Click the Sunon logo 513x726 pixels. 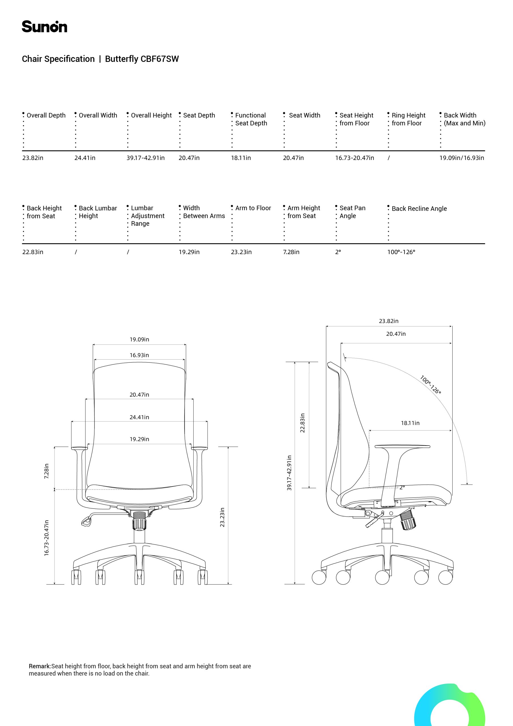point(44,27)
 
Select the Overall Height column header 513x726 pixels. point(151,115)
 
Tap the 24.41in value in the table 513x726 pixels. point(85,158)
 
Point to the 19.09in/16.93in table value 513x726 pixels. point(461,158)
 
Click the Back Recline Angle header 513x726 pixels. point(419,209)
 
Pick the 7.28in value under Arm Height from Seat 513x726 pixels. point(291,252)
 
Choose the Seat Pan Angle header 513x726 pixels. point(352,212)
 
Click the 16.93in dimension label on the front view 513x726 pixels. point(139,355)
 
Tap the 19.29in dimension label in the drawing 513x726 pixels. point(139,439)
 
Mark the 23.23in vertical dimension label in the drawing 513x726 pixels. point(222,517)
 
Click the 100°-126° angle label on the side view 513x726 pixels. point(430,385)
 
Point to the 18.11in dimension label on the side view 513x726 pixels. point(410,423)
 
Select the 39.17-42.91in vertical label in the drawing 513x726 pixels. point(289,473)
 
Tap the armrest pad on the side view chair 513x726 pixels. point(402,446)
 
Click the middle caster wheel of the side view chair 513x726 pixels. point(382,577)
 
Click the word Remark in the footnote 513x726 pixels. point(39,666)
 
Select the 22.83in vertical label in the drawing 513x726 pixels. point(302,423)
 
